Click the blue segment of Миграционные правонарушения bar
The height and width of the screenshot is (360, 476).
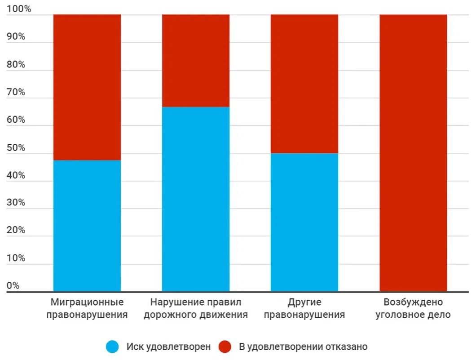pos(87,226)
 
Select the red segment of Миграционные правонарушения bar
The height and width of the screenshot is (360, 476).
pos(87,87)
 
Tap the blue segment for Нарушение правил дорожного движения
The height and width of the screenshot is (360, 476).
pos(196,199)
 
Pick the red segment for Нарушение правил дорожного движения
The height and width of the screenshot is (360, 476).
pos(196,61)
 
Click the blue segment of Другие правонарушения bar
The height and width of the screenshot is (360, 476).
pos(304,222)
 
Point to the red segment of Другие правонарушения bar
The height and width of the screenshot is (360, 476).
pos(304,84)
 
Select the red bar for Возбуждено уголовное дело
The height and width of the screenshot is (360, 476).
pos(413,153)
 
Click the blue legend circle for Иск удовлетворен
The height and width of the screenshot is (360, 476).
pos(112,347)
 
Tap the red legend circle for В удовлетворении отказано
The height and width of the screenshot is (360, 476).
pos(225,347)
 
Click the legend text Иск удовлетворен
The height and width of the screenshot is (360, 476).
pos(168,347)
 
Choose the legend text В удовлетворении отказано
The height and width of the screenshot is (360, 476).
pos(303,347)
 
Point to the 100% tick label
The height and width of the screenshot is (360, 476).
pos(18,9)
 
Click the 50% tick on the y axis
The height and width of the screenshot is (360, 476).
pos(16,148)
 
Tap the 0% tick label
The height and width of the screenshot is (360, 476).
pos(13,286)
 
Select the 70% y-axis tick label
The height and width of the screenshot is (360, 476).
pos(16,92)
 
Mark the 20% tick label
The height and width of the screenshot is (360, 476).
pos(16,231)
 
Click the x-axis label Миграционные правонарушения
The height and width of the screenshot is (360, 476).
pos(87,308)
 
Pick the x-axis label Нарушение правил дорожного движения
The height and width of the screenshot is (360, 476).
pos(196,308)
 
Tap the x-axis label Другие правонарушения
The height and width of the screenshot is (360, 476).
pos(304,308)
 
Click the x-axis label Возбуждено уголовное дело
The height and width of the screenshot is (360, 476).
pos(413,308)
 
